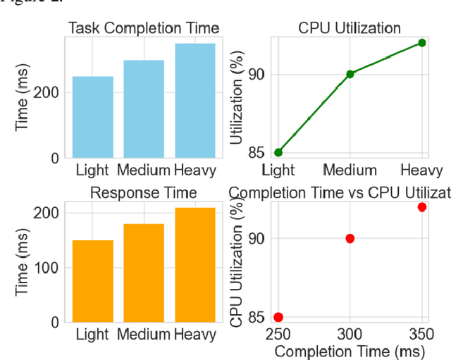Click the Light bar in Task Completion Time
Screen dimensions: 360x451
92,117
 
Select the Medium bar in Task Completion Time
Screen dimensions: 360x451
144,108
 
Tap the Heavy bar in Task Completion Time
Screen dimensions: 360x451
195,100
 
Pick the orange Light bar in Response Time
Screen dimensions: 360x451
92,280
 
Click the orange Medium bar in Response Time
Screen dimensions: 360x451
144,273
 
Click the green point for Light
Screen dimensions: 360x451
278,152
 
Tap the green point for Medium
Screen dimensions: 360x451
350,73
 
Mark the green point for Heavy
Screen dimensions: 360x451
422,42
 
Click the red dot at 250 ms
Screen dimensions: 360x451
278,317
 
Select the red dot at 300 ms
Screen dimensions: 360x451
350,238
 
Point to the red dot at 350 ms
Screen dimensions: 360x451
422,206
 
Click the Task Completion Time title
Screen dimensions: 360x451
143,28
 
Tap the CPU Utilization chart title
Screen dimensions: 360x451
350,28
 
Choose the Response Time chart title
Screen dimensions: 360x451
143,192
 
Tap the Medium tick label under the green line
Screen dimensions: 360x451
350,170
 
